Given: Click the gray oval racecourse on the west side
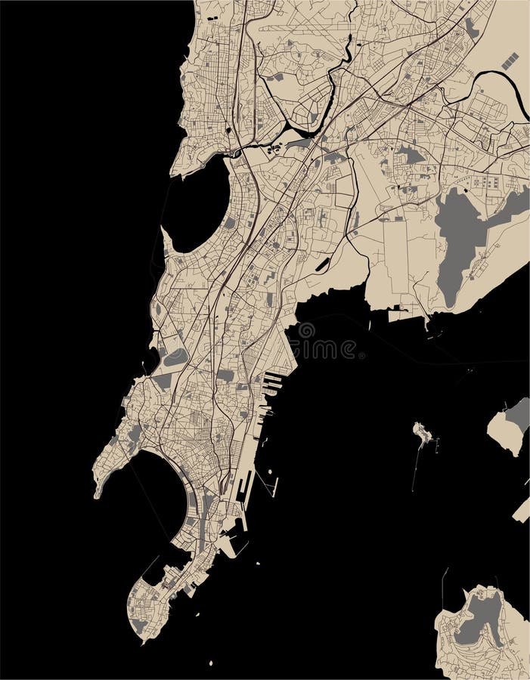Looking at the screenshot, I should tap(175, 357).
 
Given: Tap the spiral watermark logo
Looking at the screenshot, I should tap(306, 331).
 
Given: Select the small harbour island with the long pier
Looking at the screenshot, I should tap(422, 434).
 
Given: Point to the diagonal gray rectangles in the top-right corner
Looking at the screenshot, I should tap(510, 61).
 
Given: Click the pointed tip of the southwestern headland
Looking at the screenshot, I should tap(98, 495).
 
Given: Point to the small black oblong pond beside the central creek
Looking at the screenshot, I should tap(323, 265).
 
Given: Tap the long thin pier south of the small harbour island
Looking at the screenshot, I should tap(415, 468).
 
